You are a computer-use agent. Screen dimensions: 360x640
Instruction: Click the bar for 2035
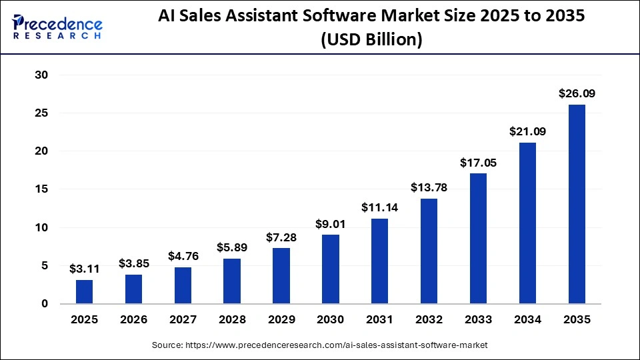coord(577,204)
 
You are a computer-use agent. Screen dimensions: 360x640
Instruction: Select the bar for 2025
coord(85,291)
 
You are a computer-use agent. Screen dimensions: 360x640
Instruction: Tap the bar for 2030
coord(331,269)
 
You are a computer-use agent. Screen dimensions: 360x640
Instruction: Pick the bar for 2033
coord(478,238)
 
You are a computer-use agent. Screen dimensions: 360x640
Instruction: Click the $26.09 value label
coord(577,94)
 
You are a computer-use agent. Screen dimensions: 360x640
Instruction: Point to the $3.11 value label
coord(85,269)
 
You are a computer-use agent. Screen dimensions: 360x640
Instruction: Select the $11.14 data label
coord(380,207)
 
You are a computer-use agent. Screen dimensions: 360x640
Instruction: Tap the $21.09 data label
coord(527,132)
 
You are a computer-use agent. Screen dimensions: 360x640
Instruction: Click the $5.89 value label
coord(232,247)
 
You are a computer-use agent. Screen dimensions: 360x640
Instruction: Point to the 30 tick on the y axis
coord(41,75)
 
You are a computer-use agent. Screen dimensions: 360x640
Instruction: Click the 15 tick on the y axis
coord(41,189)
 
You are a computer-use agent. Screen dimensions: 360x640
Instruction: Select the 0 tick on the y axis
coord(45,304)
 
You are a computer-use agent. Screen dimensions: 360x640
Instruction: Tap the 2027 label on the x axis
coord(183,320)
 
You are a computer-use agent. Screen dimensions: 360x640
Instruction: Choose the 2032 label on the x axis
coord(429,320)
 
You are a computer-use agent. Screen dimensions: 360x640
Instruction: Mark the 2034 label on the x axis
coord(527,320)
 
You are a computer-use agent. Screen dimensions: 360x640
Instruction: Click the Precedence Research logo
coord(57,27)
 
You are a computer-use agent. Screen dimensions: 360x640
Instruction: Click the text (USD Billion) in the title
coord(371,40)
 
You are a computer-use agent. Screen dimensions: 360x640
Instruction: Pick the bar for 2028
coord(232,281)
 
